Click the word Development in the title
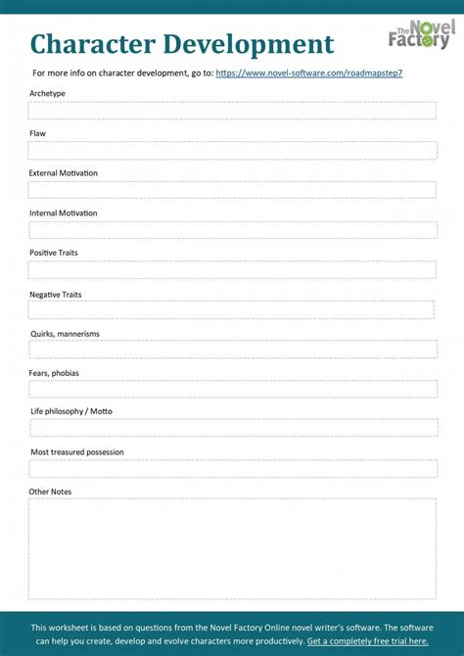249,44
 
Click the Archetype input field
232,111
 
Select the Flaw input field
232,151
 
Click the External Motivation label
64,173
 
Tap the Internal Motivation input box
232,230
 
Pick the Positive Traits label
54,253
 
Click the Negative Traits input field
232,309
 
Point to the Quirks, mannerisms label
65,334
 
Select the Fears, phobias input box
232,389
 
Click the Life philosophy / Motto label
71,411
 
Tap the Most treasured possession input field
232,468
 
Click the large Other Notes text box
232,548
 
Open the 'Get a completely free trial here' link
367,641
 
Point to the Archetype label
48,93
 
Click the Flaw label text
37,133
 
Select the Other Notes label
50,492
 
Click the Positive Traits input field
232,269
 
